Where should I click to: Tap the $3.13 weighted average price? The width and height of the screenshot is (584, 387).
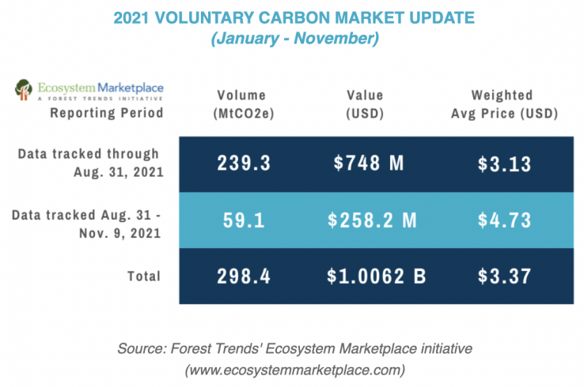pos(505,163)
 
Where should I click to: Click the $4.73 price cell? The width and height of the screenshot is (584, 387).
pos(505,220)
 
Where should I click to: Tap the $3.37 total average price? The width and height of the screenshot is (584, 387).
pos(505,276)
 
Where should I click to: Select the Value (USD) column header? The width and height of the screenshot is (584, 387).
pos(365,103)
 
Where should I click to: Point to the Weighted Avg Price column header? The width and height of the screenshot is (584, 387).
pos(504,103)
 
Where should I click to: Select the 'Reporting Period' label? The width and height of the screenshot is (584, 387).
pos(106,112)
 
